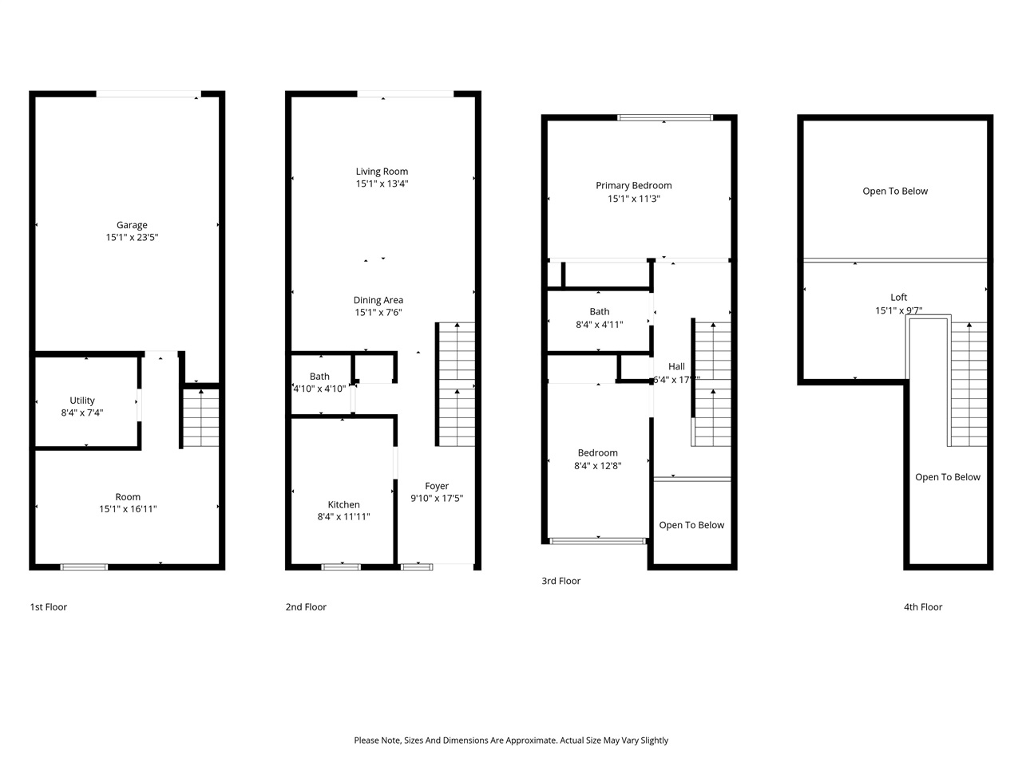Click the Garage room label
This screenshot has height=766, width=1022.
pos(132,225)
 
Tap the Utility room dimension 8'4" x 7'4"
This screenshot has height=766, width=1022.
pos(82,413)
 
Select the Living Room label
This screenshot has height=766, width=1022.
pos(382,172)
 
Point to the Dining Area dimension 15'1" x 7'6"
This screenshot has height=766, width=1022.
pos(378,313)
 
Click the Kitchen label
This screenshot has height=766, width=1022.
pos(343,504)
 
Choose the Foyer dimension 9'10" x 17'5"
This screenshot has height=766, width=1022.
pos(437,498)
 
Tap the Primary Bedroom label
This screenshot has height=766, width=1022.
pos(633,186)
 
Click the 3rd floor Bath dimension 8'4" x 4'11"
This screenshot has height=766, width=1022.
pos(599,325)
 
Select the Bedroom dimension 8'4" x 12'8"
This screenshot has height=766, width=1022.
pos(597,465)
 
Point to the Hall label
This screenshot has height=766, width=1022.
pos(676,367)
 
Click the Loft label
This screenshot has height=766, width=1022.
pos(898,298)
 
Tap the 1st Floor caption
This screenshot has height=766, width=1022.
pos(49,607)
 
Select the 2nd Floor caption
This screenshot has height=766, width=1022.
pos(306,607)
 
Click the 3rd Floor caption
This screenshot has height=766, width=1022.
pos(561,581)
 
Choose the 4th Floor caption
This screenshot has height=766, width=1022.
pos(923,607)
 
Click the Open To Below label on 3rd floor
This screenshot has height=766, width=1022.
pos(691,525)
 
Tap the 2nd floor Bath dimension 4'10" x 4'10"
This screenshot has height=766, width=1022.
pos(319,389)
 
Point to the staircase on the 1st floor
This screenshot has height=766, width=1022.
pos(200,417)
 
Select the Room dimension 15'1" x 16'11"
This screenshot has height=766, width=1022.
pos(128,509)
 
